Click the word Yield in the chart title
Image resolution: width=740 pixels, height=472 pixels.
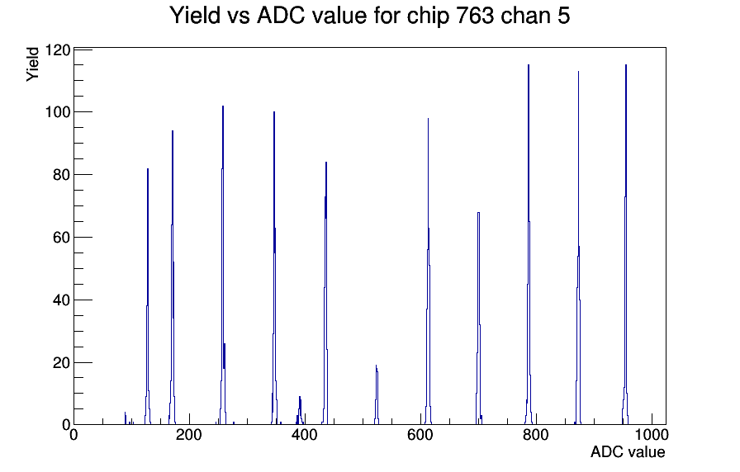[x=194, y=15]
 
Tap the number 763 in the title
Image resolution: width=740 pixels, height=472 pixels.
[x=475, y=15]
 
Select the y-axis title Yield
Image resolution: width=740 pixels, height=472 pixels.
[x=32, y=64]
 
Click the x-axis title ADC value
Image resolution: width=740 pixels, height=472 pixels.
[x=628, y=451]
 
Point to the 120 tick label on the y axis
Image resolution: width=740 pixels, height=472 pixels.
[x=58, y=50]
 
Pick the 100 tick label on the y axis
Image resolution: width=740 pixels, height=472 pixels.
[x=58, y=112]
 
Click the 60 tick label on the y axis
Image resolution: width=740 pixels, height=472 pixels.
[x=62, y=238]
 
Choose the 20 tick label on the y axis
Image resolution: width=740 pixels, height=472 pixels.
[x=62, y=363]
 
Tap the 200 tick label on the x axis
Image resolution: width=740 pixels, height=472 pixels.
[x=189, y=435]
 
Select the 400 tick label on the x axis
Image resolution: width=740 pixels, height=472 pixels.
[x=305, y=435]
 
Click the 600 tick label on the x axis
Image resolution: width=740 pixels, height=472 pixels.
[x=420, y=435]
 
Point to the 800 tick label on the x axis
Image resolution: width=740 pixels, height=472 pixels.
[x=536, y=435]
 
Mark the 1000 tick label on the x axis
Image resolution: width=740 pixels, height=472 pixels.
[x=652, y=435]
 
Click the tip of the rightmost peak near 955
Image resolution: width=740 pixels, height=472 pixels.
[x=626, y=65]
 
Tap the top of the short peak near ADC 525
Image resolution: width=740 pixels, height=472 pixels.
[x=376, y=366]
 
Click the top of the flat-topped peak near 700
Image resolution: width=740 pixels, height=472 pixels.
[x=478, y=213]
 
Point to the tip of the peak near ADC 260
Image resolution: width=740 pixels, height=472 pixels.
[x=223, y=106]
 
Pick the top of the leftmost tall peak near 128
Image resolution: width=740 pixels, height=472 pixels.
[x=148, y=169]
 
